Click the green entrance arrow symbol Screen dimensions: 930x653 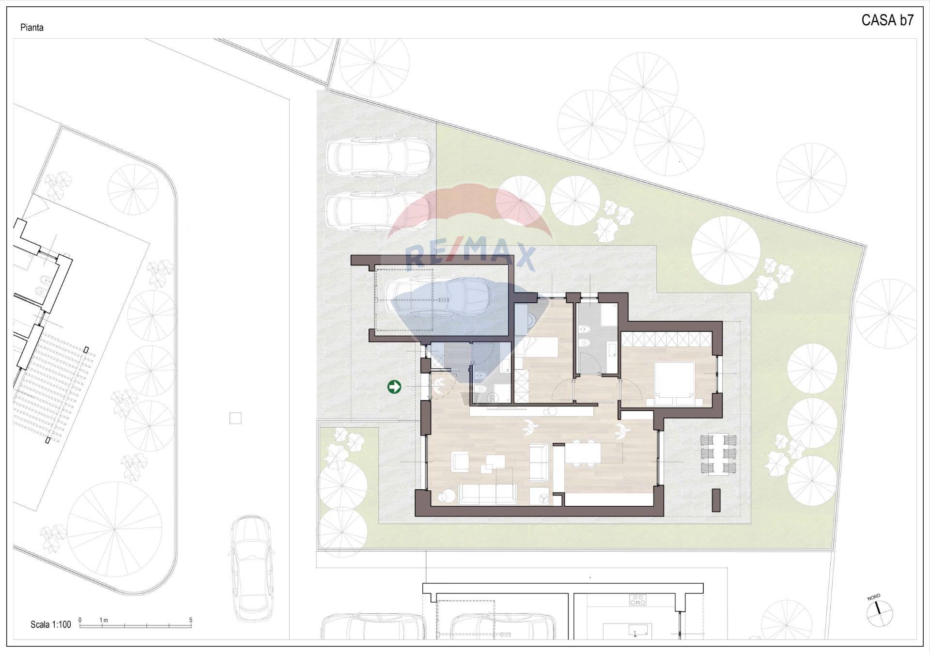(394, 387)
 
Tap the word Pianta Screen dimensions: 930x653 (32, 28)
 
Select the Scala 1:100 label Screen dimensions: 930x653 (50, 624)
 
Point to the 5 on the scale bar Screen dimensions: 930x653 (191, 620)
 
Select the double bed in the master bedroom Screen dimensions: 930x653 (675, 383)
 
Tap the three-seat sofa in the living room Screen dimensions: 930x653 (487, 494)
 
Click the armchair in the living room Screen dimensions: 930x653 (460, 462)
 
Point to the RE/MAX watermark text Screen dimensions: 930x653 (470, 255)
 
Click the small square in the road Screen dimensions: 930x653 (235, 418)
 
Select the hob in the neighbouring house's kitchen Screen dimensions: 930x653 (637, 600)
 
